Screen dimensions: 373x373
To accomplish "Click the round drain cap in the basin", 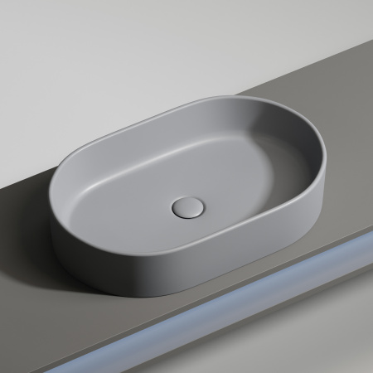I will click(186, 206).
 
